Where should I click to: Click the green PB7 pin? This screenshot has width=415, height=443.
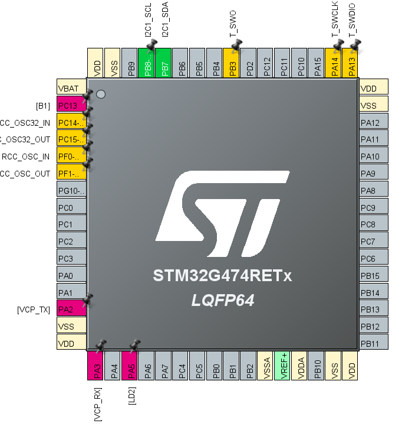coord(166,63)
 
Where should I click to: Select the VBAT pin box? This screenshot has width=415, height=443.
coord(71,88)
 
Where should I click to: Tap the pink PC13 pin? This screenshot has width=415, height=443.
coord(71,105)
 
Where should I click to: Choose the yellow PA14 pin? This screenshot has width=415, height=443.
coord(334,63)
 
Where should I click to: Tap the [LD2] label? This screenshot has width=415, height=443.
coord(132,395)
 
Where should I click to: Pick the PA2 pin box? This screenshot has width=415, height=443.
coord(71,309)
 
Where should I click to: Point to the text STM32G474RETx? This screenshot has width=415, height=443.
coord(222,276)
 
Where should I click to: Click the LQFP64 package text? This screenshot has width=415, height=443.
coord(223,300)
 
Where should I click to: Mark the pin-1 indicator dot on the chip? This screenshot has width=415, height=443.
coord(101,94)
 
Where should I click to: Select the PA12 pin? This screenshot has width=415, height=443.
coord(374,122)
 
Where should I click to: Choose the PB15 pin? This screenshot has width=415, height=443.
coord(374,275)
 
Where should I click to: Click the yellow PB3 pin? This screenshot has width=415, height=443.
coord(233,63)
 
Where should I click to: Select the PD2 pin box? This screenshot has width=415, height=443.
coord(250,63)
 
